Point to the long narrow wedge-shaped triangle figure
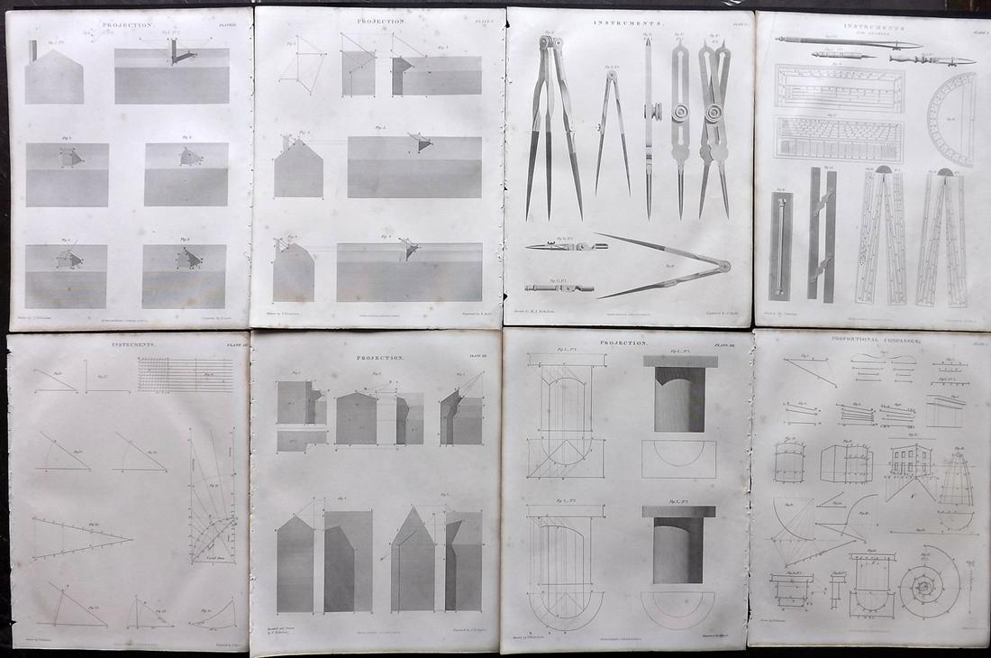81,539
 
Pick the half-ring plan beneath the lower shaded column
678,608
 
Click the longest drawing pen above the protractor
848,41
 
